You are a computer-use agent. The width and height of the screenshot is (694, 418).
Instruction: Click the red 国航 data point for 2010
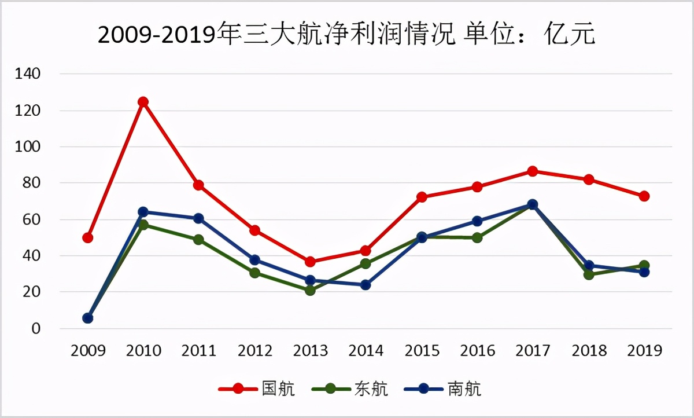click(x=143, y=102)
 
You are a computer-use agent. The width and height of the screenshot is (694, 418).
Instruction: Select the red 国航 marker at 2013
click(x=310, y=262)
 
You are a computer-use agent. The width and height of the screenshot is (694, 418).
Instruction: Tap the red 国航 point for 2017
click(x=533, y=171)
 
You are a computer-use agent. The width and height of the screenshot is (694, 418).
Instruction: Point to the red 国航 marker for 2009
click(x=88, y=237)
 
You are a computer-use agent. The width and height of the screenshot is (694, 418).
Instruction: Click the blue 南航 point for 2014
click(x=366, y=285)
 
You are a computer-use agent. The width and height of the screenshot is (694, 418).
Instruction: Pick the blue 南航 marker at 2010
click(x=143, y=212)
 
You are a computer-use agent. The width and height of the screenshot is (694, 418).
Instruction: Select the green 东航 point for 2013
click(x=310, y=290)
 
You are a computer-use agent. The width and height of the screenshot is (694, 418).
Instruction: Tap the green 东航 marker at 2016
click(x=477, y=237)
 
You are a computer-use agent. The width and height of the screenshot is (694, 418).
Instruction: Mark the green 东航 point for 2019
click(x=644, y=266)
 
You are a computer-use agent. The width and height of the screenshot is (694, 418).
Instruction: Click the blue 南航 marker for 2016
click(x=477, y=221)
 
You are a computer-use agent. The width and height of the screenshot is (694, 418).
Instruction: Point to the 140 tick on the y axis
click(x=28, y=74)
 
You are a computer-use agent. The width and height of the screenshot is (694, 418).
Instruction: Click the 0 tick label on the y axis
click(x=36, y=329)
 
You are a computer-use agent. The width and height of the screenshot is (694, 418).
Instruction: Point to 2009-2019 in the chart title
click(x=156, y=36)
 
